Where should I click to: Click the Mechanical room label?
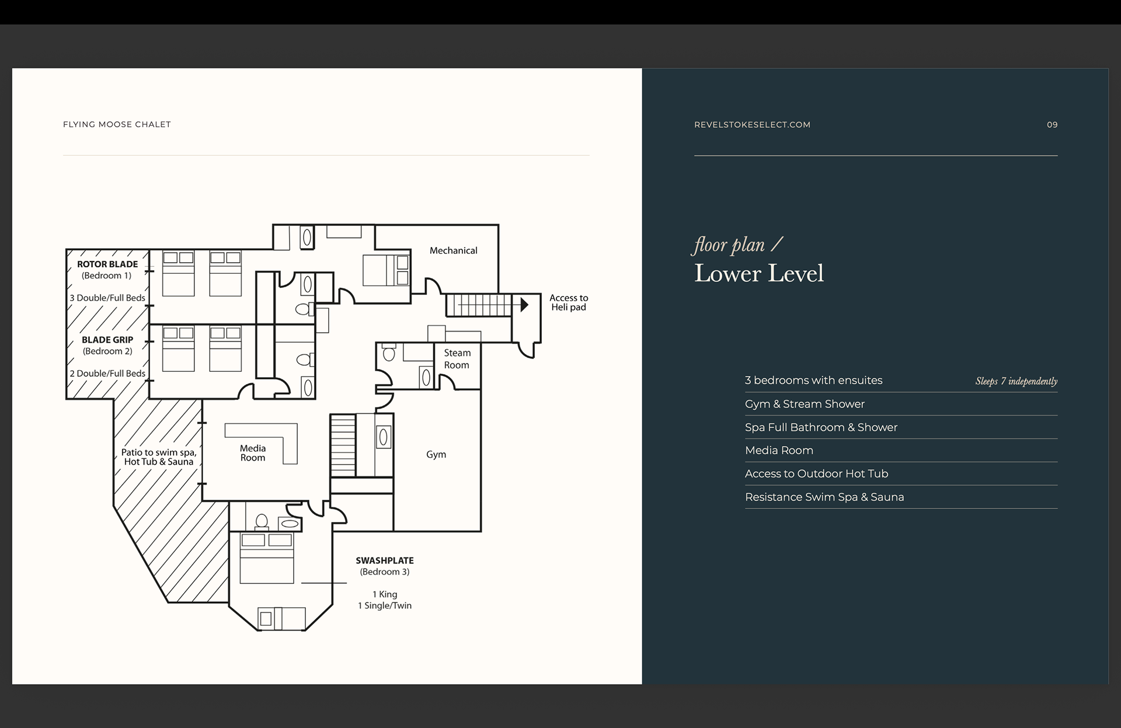[453, 250]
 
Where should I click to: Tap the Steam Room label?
[457, 359]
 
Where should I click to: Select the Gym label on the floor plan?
[436, 455]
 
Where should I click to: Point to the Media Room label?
[253, 453]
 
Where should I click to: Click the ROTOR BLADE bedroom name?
[107, 264]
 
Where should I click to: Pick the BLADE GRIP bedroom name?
[107, 340]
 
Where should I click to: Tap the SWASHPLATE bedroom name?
[385, 560]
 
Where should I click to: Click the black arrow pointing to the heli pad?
[524, 304]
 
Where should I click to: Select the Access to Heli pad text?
[569, 302]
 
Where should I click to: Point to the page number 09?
[1052, 124]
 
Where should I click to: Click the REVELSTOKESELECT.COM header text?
[752, 124]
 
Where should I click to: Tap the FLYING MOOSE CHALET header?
[117, 124]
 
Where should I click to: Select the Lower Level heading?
[759, 273]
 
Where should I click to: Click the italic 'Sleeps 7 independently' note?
[1016, 381]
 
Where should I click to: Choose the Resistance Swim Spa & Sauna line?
[824, 497]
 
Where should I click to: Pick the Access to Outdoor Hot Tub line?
[816, 474]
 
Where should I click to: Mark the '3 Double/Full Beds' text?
[107, 298]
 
